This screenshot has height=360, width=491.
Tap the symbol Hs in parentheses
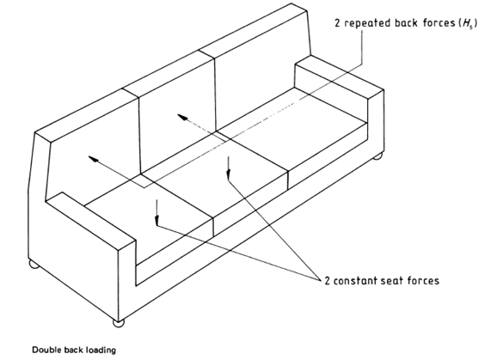point(468,24)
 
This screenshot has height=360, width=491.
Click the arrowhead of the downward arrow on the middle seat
point(229,175)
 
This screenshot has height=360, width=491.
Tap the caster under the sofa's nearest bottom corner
point(119,323)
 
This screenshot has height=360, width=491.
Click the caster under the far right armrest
point(378,156)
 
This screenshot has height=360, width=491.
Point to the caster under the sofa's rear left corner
point(34,265)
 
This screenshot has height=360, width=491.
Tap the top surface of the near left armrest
point(91,221)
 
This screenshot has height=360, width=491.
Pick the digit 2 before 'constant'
point(328,281)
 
